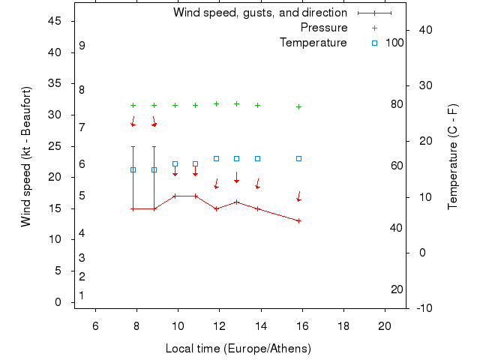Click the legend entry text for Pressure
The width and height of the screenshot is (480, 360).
[324, 28]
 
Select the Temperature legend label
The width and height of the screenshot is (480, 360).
[313, 43]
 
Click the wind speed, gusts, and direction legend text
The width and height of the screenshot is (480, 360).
[260, 13]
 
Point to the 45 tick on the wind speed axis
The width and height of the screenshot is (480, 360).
[55, 21]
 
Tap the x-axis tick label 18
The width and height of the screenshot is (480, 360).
[343, 325]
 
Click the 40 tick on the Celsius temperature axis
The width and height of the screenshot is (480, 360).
[425, 30]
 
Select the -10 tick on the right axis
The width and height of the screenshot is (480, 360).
[424, 307]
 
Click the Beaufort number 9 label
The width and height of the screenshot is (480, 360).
[82, 46]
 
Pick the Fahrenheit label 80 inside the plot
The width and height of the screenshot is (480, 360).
[397, 104]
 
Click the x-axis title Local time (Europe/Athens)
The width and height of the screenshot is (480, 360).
[238, 349]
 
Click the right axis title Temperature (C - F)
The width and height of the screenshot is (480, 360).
[453, 156]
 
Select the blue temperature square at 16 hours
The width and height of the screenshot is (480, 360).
[298, 158]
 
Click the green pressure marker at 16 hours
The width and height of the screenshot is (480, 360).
[298, 106]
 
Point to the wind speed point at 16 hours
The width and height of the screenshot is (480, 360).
[298, 220]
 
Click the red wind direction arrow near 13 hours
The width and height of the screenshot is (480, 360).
[236, 178]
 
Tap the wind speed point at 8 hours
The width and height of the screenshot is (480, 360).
[133, 208]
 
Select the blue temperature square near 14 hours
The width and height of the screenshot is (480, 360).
[257, 158]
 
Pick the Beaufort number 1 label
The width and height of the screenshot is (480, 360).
[81, 295]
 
